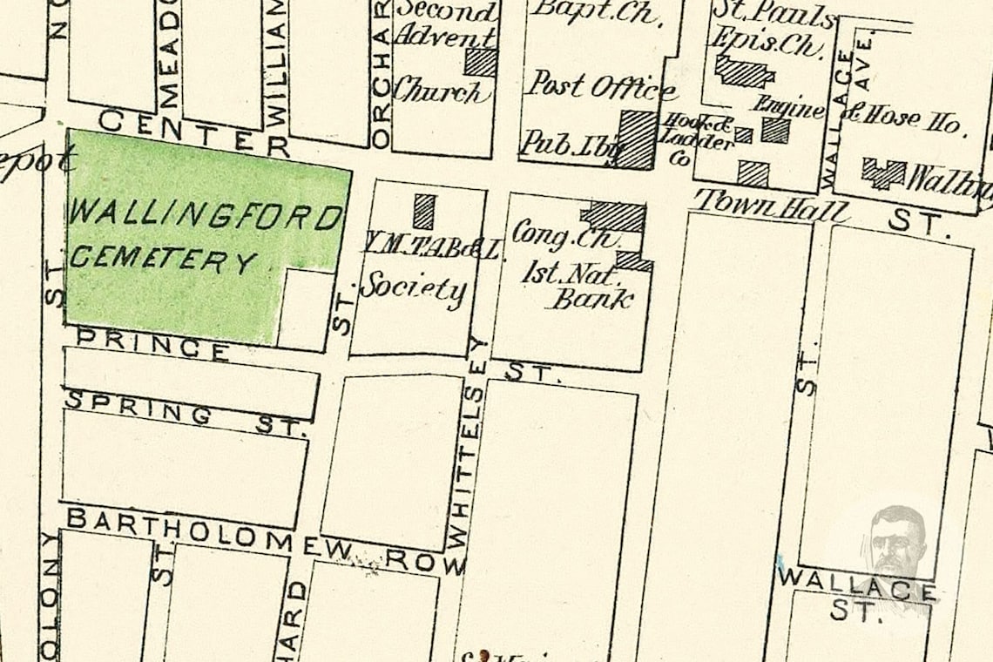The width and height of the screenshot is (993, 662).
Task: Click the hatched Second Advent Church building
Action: pyautogui.click(x=480, y=62)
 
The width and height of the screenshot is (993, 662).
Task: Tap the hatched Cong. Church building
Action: pyautogui.click(x=615, y=216)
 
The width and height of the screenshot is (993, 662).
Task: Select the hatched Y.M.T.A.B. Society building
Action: pyautogui.click(x=423, y=211)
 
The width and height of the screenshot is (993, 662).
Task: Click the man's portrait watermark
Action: pyautogui.click(x=897, y=540)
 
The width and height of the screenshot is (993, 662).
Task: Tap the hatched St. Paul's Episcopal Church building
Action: pyautogui.click(x=743, y=71)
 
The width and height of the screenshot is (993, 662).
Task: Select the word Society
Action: pyautogui.click(x=413, y=288)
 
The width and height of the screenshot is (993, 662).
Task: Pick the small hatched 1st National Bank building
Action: pyautogui.click(x=633, y=260)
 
